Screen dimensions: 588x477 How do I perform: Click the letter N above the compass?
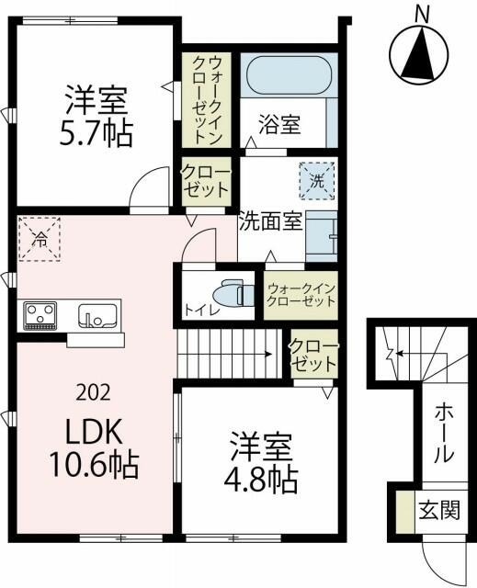(422, 13)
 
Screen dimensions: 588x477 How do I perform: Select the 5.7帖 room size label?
(96, 132)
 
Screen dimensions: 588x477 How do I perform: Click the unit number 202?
(94, 392)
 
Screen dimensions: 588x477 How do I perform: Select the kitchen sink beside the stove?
(96, 316)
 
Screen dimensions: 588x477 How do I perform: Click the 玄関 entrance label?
(437, 510)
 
